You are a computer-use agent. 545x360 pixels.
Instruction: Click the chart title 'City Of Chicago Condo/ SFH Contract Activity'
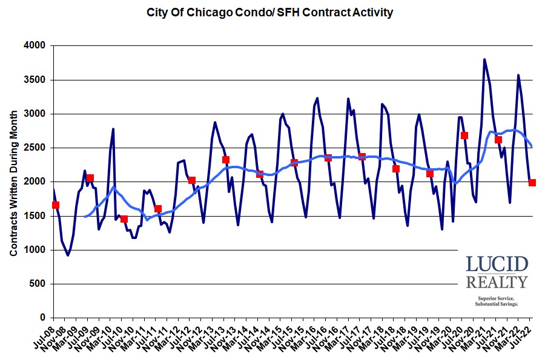270,12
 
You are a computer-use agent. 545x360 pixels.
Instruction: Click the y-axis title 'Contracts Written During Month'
13,182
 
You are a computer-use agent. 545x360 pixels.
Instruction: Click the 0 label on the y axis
43,318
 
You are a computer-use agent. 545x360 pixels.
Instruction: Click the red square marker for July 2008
56,205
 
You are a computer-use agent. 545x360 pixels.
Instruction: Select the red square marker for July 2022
532,182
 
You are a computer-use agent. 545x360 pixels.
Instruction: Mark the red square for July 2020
464,136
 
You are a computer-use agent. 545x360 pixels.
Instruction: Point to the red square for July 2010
124,219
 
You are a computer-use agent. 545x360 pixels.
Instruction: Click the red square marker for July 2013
226,160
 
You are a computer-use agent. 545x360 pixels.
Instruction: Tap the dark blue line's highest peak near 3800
484,59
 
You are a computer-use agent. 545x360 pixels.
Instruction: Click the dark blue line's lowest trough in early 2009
68,255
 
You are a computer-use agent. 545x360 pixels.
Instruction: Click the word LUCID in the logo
497,264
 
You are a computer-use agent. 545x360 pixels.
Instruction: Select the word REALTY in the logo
497,282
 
